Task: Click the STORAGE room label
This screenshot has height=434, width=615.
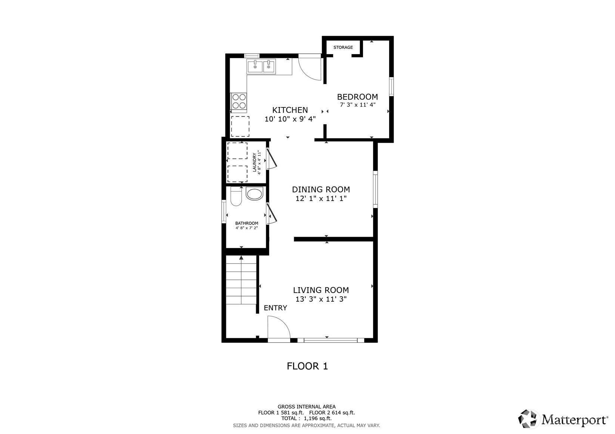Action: click(343, 47)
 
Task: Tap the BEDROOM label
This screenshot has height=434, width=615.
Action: click(357, 97)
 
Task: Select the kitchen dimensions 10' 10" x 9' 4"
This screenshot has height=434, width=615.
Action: click(290, 119)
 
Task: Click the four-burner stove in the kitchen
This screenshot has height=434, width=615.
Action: click(239, 101)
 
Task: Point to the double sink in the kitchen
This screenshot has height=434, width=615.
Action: click(261, 67)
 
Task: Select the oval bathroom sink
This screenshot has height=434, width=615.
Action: click(255, 194)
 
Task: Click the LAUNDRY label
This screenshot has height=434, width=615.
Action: click(255, 163)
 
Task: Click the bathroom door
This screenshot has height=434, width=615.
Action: click(271, 214)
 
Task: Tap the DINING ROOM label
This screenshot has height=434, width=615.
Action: click(321, 189)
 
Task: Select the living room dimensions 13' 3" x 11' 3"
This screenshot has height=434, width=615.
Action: click(321, 299)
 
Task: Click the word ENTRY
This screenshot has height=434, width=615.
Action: click(275, 308)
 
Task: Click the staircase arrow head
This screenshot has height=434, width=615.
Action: click(241, 257)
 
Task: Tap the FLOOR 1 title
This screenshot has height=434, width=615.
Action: click(307, 366)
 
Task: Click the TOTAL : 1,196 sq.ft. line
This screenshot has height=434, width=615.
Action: click(306, 418)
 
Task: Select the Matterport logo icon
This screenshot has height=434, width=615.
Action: click(528, 419)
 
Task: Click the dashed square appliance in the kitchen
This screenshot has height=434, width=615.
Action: click(240, 126)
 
